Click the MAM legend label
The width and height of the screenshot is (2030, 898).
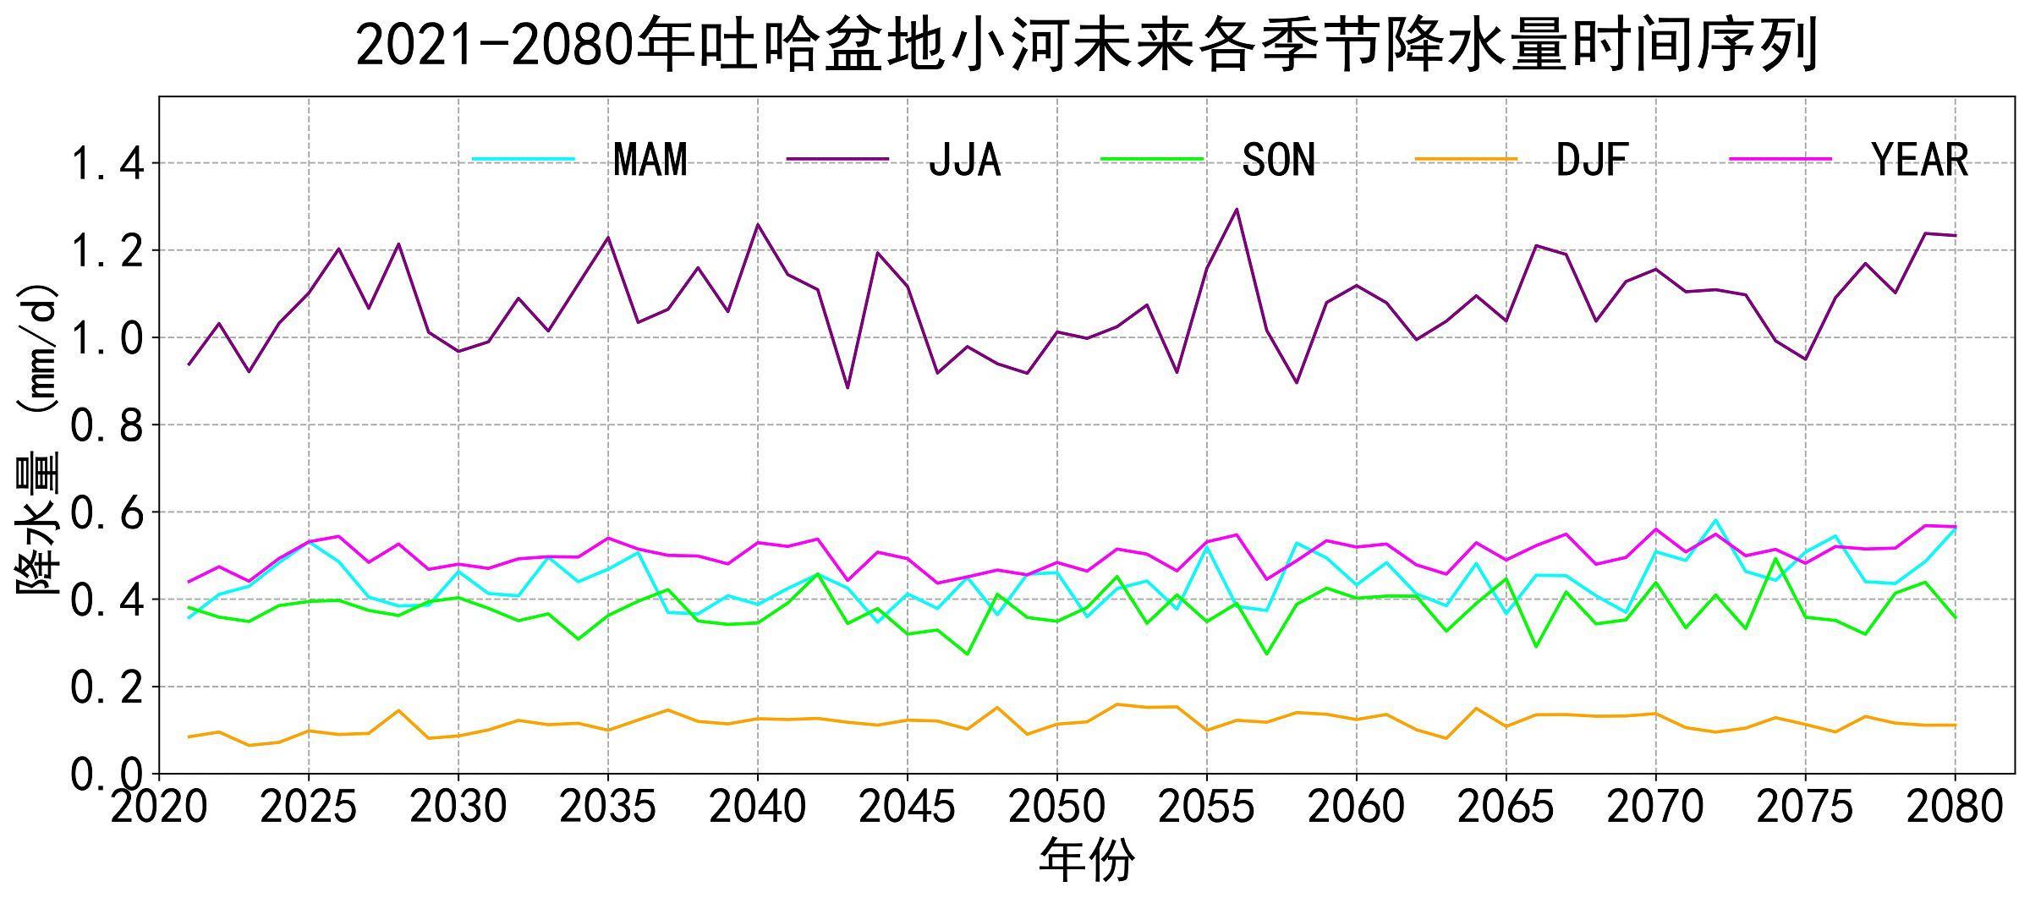click(x=650, y=160)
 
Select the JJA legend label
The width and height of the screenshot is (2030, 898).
click(x=964, y=160)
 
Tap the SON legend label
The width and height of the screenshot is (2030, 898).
click(x=1278, y=160)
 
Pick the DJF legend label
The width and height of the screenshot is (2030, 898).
click(x=1592, y=160)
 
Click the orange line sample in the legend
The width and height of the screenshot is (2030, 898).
click(x=1467, y=159)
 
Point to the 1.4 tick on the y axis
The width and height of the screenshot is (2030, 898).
click(x=106, y=164)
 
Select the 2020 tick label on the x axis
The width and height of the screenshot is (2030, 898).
click(x=159, y=808)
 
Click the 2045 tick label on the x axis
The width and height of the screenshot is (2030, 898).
click(x=907, y=808)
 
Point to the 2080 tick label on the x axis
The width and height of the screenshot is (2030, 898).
click(x=1955, y=808)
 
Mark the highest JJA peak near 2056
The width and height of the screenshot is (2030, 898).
click(x=1237, y=209)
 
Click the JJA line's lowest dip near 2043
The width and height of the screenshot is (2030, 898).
click(x=848, y=387)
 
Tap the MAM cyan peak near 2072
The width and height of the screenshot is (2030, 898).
click(x=1715, y=520)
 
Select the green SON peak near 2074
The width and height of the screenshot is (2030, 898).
click(x=1775, y=558)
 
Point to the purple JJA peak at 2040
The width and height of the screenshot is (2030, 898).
click(x=758, y=224)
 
